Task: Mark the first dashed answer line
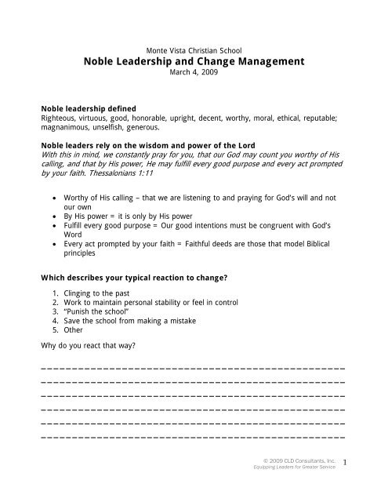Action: [193, 369]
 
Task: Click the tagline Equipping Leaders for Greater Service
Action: [293, 467]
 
